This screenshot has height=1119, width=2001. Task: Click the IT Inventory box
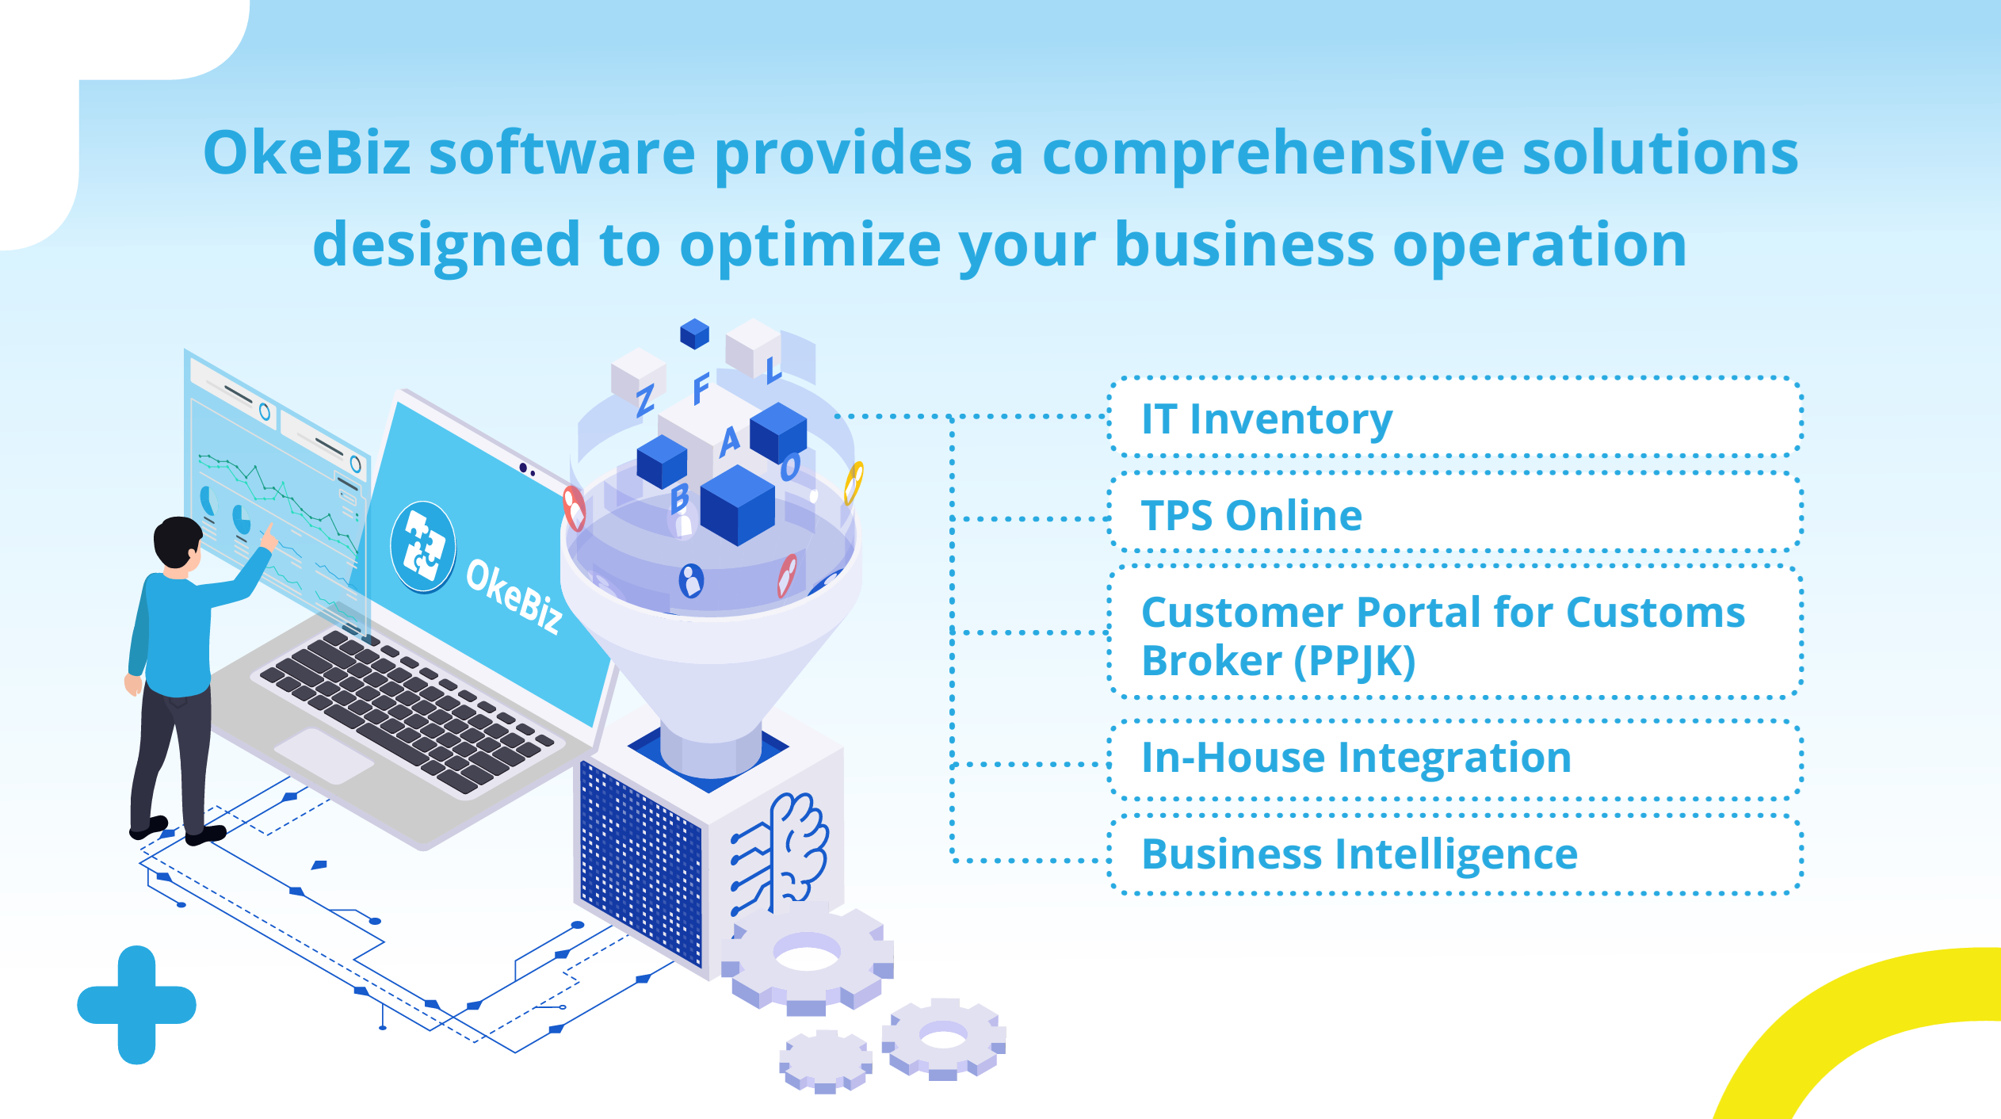tap(1454, 418)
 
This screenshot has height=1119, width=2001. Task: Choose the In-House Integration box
tap(1454, 758)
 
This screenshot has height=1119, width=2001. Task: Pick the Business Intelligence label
tap(1359, 854)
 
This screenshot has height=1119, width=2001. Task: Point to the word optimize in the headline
tap(809, 246)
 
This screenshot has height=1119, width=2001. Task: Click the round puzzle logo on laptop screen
tap(423, 547)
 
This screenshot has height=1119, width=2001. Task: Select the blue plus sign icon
tap(136, 1004)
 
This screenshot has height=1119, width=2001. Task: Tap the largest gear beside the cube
tap(808, 959)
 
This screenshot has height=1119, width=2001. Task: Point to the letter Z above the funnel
tap(645, 400)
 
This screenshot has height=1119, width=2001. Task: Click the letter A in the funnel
tap(729, 441)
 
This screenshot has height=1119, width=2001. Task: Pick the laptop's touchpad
tap(323, 755)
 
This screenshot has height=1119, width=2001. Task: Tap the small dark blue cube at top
tap(694, 334)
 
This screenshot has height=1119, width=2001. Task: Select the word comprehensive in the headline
tap(1273, 153)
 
